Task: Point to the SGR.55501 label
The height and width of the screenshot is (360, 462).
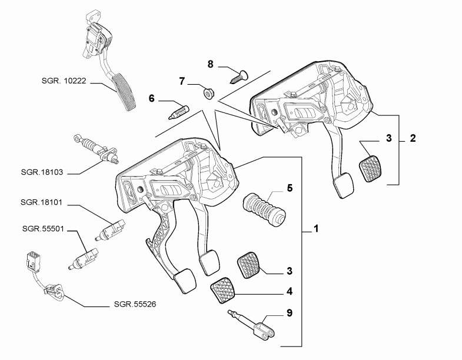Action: [39, 228]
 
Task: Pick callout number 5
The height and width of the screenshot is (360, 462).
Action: [289, 189]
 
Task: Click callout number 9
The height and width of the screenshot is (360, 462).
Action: [289, 314]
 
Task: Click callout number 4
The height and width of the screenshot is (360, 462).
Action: [289, 291]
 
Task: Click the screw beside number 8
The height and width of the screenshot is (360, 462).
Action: [238, 75]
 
